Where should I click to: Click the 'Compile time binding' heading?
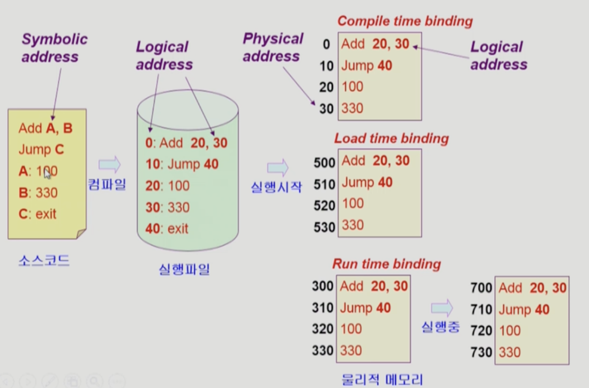click(x=405, y=21)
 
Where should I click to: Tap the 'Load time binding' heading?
click(x=391, y=139)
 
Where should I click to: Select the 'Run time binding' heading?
click(x=387, y=264)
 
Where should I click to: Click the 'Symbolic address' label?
click(x=54, y=48)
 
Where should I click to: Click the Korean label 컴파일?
click(x=107, y=184)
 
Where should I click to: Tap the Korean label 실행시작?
click(x=276, y=187)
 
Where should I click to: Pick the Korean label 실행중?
click(x=440, y=327)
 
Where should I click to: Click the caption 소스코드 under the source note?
click(x=44, y=260)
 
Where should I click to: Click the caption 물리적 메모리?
click(x=382, y=380)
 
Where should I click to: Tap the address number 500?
click(x=324, y=162)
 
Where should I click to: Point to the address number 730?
click(x=481, y=353)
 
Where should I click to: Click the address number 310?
click(x=323, y=308)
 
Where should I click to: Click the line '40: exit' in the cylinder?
click(x=167, y=228)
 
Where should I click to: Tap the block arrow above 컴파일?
click(x=109, y=164)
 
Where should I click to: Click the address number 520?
click(x=324, y=205)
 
